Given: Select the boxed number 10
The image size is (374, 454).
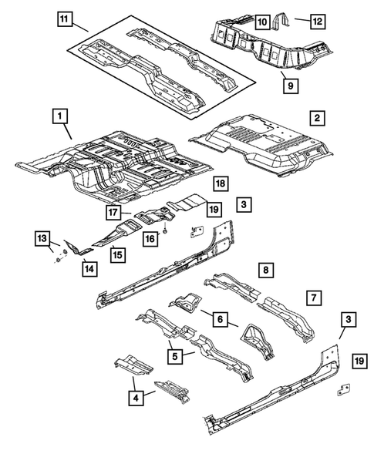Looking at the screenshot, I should (261, 21).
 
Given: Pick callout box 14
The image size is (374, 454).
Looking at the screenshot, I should (90, 267).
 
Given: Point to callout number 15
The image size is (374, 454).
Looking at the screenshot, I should (116, 252).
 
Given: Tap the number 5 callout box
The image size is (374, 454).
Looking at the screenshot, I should (177, 355).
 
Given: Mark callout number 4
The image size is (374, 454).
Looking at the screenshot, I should (135, 397).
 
